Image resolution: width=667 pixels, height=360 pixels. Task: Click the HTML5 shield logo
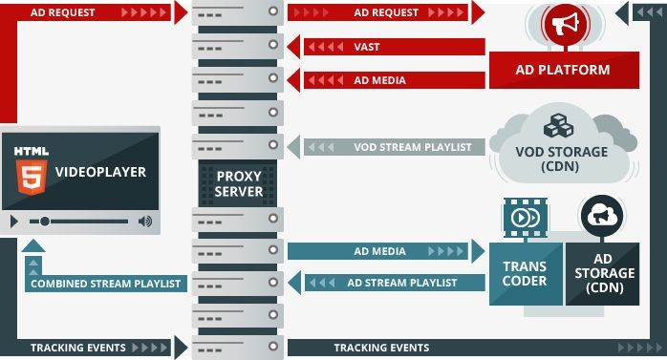tap(32, 173)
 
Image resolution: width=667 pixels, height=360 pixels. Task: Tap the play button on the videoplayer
tap(14, 222)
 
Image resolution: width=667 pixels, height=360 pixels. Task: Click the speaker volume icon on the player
tap(144, 222)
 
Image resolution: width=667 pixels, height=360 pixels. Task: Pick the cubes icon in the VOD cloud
tap(556, 127)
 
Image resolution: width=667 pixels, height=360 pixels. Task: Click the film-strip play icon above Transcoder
tap(526, 216)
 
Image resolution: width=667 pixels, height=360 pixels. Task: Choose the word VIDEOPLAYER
tap(100, 173)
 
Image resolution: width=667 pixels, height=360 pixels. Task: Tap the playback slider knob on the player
tap(45, 222)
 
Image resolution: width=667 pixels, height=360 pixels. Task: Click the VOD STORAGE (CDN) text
tap(561, 159)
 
